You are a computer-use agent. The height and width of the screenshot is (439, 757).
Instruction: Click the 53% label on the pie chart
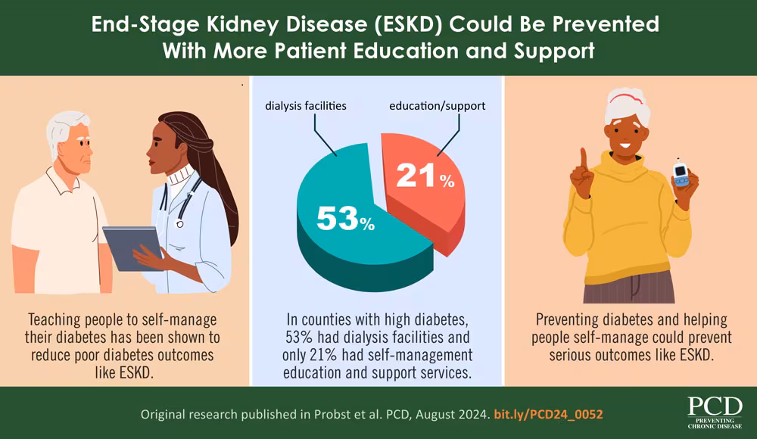(345, 219)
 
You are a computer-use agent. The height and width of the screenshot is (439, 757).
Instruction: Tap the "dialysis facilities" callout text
(306, 106)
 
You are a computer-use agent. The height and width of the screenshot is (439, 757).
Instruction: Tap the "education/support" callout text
(437, 106)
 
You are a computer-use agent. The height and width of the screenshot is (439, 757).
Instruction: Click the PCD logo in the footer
(715, 413)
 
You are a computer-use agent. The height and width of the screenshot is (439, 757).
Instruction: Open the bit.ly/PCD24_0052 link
(548, 416)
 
